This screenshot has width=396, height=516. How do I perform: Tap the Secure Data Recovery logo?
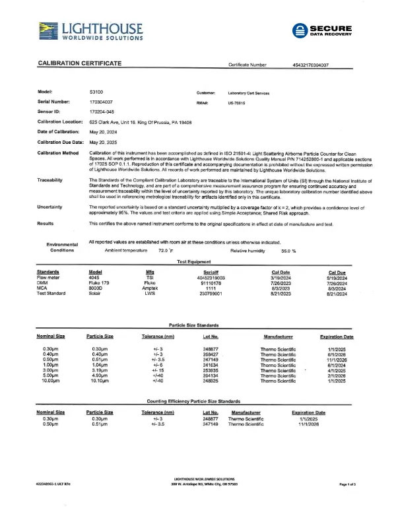322,31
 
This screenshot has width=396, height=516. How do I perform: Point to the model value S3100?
96,93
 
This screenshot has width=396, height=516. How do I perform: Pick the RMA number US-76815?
237,104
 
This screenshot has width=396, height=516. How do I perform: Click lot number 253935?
211,370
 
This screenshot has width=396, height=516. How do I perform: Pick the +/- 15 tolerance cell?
157,370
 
